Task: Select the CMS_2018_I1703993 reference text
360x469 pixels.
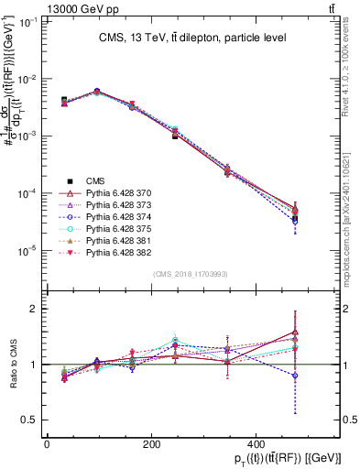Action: (x=191, y=274)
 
